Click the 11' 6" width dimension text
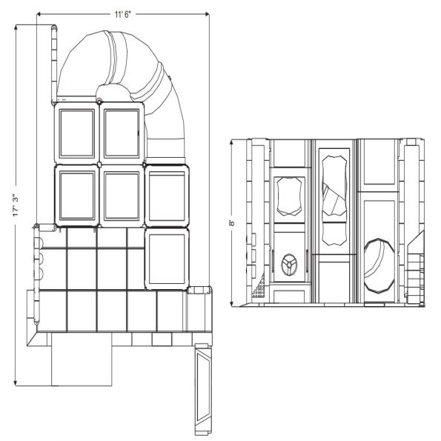[122, 13]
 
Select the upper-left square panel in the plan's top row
[76, 133]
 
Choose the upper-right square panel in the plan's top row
[122, 133]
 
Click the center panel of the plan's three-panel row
[122, 195]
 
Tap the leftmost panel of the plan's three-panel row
[76, 195]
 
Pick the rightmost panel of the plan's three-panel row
[167, 196]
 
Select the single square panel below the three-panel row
[167, 257]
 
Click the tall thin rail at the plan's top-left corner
[53, 63]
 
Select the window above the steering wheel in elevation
[290, 197]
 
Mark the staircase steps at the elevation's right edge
[415, 271]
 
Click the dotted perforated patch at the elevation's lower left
[259, 291]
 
